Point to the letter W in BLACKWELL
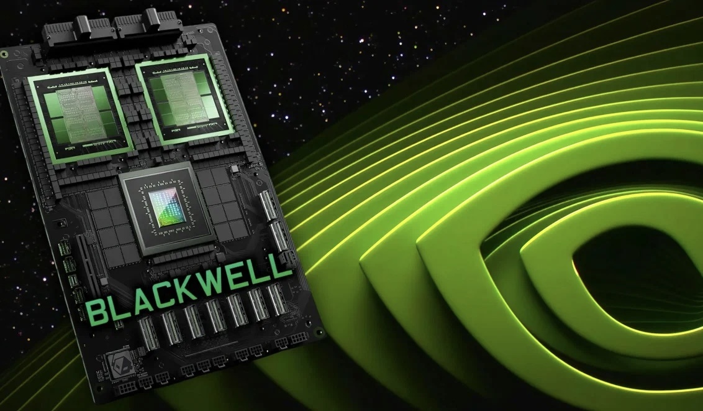214,282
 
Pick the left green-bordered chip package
81,115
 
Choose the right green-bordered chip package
184,99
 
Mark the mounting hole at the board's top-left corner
4,55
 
